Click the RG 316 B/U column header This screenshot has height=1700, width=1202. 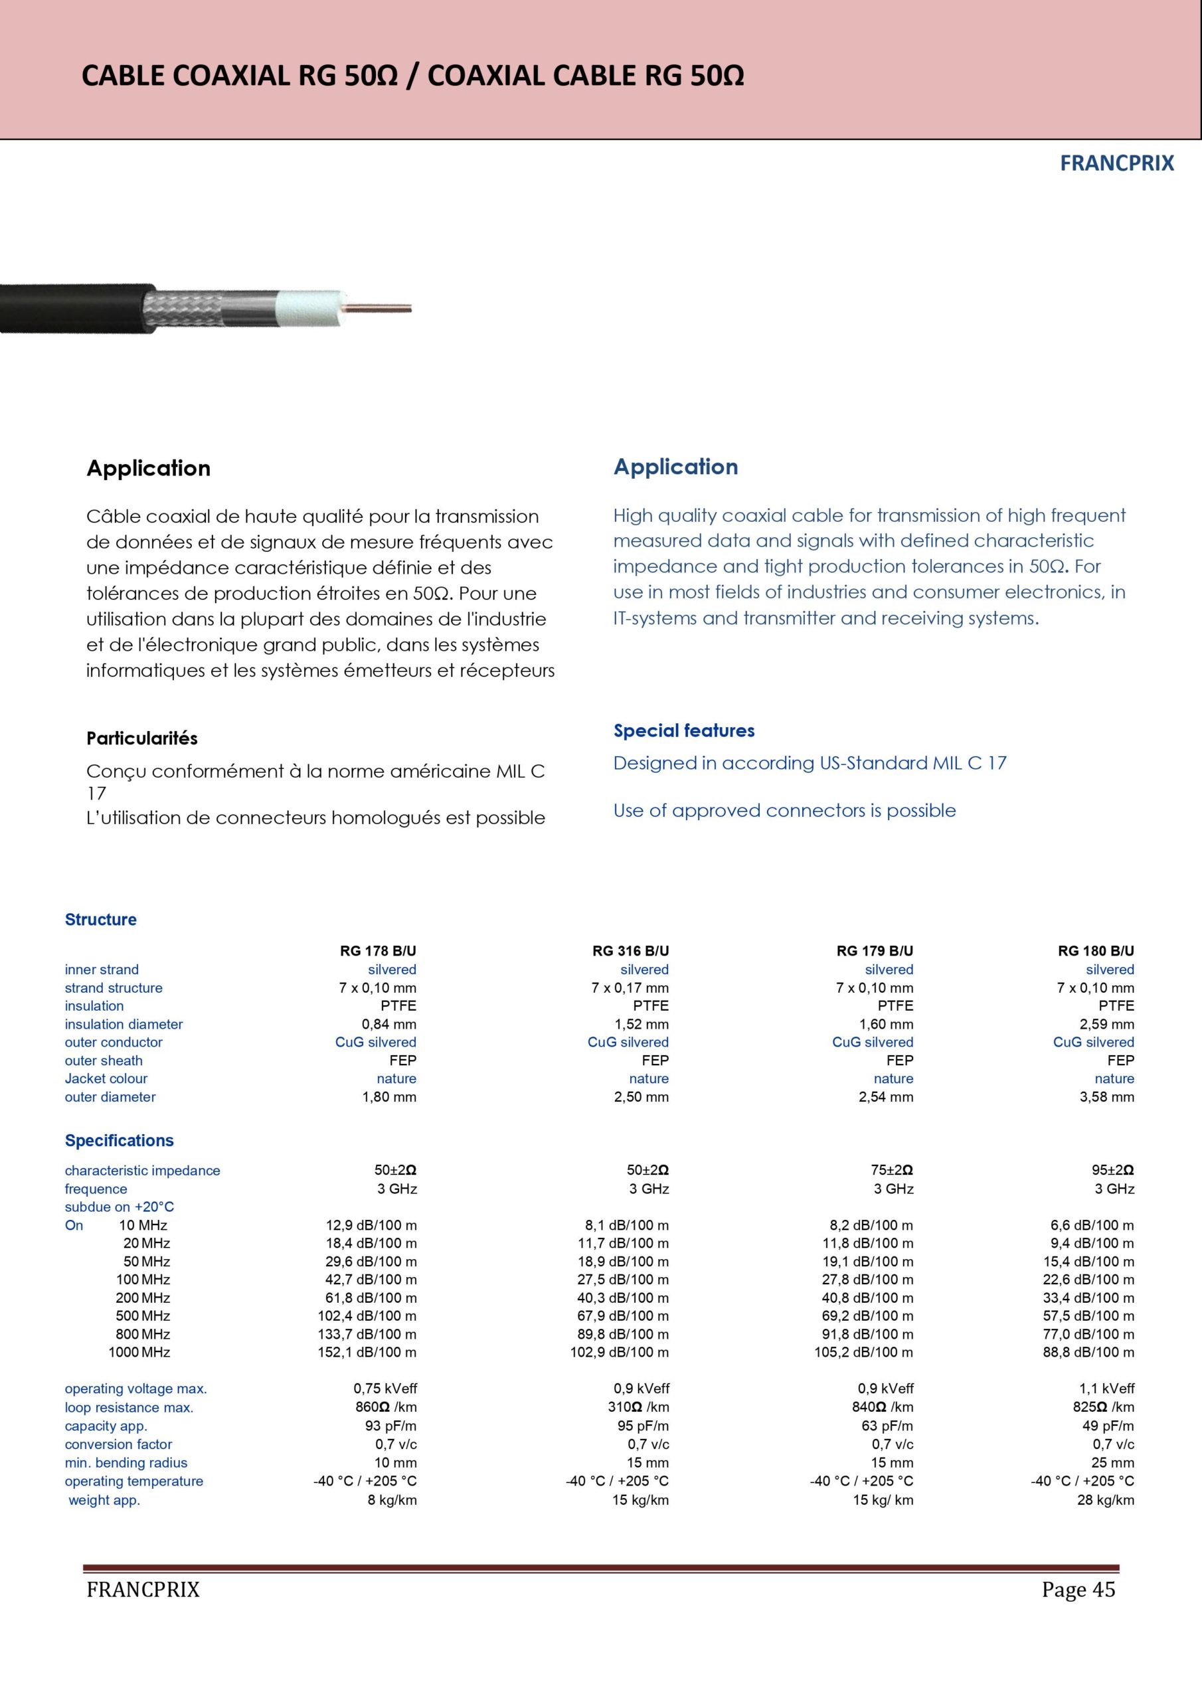tap(630, 951)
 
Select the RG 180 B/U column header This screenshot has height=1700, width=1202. tap(1095, 951)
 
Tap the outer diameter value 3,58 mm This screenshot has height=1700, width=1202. tap(1106, 1096)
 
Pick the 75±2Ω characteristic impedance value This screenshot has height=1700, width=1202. tap(892, 1170)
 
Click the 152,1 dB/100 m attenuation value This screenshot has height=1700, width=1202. tap(367, 1352)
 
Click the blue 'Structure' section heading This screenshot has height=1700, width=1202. tap(101, 920)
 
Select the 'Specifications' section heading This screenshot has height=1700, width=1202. tap(120, 1140)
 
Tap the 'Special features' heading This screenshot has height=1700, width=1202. tap(683, 730)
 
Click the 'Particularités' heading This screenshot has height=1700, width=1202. tap(141, 738)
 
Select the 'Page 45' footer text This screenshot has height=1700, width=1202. tap(1078, 1590)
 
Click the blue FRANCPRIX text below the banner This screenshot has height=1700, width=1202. tap(1117, 163)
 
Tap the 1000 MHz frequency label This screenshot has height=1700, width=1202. tap(139, 1352)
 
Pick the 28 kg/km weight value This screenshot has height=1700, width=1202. tap(1105, 1500)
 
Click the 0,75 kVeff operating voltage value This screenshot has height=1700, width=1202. tap(385, 1389)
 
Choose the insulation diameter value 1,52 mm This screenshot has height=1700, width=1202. tap(642, 1024)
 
